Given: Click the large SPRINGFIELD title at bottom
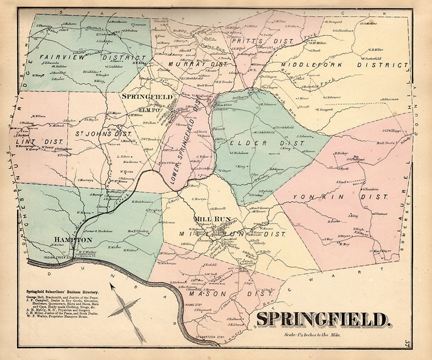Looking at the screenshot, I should click(323, 319).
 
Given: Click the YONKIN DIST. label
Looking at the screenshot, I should click(340, 197).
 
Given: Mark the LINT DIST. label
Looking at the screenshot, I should click(40, 142).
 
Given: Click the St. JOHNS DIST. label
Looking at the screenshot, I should click(104, 134).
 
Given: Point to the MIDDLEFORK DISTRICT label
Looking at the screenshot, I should click(344, 64).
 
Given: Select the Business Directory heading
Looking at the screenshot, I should click(62, 292).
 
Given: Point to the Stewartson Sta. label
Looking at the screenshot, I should click(208, 338).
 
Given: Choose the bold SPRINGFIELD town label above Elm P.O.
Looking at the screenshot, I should click(147, 97).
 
